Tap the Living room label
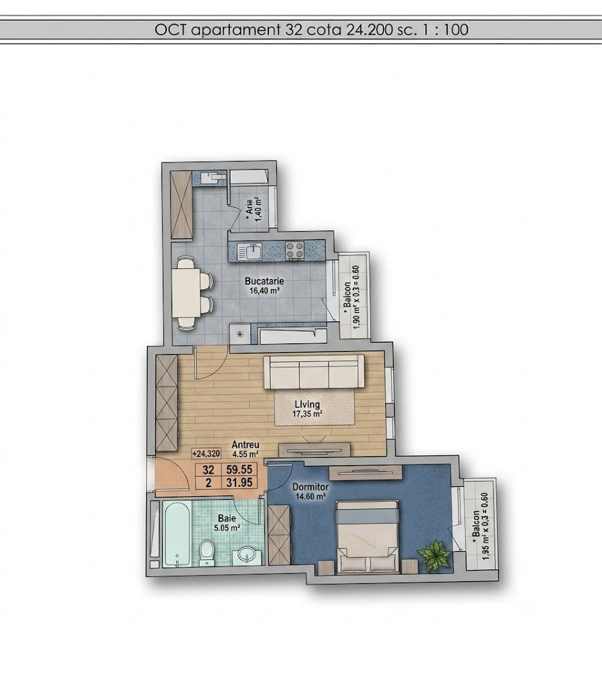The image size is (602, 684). pos(307,404)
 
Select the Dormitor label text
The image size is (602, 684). pos(310,487)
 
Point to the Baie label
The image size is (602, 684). pos(227,518)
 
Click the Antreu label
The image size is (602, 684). pos(246,445)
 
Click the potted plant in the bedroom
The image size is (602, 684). pos(434,555)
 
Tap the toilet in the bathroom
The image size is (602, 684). pos(206,553)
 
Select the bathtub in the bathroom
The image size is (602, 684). pos(177,534)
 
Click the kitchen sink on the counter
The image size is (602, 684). pos(250,252)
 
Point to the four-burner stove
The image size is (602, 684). pos(295,251)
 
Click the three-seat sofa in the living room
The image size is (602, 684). pos(314,371)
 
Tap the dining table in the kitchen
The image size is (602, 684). pos(186,293)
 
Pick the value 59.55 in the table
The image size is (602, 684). pos(240,470)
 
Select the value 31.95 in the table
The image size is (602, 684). pos(240,483)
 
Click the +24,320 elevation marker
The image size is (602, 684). pos(206,454)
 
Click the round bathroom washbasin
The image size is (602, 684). pos(247,556)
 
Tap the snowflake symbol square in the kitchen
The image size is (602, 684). pos(240,335)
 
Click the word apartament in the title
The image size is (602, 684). pos(236,30)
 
